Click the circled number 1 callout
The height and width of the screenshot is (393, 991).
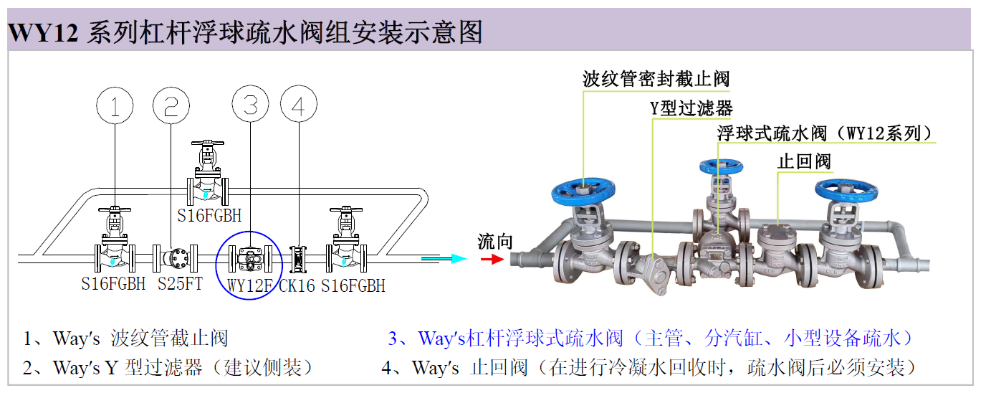[115, 107]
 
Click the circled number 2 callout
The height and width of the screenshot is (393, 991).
[171, 107]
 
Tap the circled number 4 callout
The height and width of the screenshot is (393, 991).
[298, 107]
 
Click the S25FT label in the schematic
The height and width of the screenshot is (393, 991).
[180, 284]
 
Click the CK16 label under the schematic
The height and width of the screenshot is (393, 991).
[297, 285]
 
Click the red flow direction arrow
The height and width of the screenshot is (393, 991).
[492, 259]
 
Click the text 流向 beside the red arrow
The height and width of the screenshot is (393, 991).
[495, 241]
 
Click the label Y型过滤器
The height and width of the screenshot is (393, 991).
[691, 108]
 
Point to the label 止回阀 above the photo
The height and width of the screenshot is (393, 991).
[804, 161]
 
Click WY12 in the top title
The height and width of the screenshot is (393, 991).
[42, 32]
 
